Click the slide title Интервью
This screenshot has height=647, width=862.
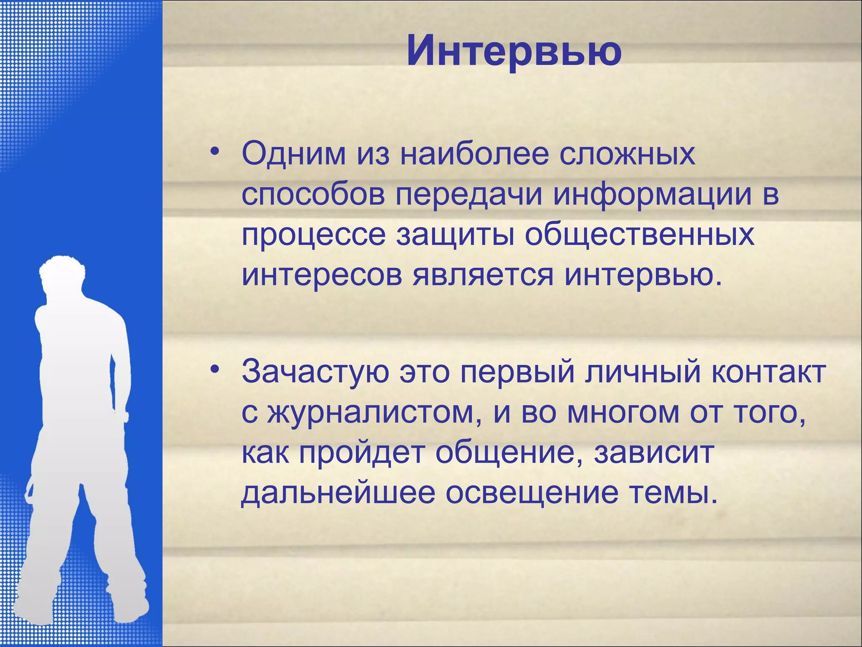coord(514,51)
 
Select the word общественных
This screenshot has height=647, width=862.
coord(639,235)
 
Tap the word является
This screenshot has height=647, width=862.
coord(482,276)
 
